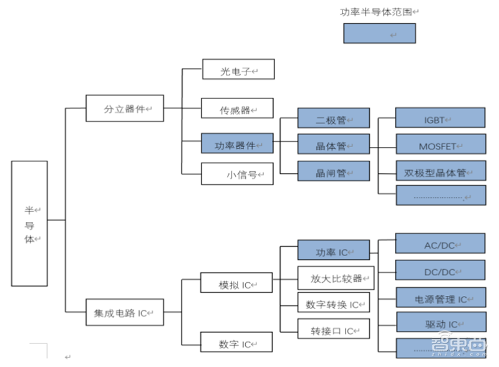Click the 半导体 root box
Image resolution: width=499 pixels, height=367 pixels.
coord(29,223)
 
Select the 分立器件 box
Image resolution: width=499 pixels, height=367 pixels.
coord(124,108)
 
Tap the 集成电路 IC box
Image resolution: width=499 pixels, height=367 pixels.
coord(124,313)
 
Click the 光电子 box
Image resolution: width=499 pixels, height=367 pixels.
coord(238,70)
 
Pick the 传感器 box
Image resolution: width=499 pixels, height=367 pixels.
coord(238,108)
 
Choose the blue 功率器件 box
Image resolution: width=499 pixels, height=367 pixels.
coord(237,144)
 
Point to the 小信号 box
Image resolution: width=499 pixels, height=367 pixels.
coord(237,174)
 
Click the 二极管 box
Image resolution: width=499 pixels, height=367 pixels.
coord(333,118)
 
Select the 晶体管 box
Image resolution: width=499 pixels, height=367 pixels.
coord(333,145)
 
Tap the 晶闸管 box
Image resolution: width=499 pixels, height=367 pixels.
coord(333,172)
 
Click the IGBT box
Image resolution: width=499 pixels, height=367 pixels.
coord(440,118)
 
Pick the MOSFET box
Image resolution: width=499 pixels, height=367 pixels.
coord(440,145)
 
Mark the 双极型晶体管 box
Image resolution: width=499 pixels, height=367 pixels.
coord(440,171)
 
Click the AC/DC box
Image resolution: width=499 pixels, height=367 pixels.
coord(440,244)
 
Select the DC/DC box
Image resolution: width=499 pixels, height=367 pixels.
coord(440,270)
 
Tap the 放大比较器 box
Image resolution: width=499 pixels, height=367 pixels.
coord(336,277)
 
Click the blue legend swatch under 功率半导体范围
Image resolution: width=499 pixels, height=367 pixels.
coord(379,34)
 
